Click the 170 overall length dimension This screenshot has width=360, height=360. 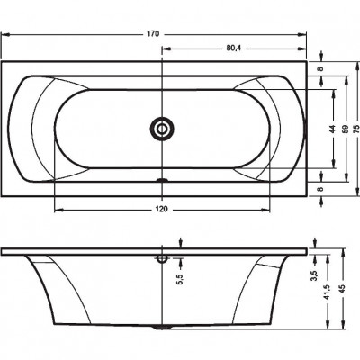click(x=153, y=34)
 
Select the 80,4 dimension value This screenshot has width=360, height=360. click(x=234, y=49)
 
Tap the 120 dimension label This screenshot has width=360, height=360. click(x=162, y=209)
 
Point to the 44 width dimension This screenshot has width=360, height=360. click(x=332, y=129)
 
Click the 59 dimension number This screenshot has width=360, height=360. click(x=346, y=129)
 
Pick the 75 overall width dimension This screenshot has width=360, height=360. click(x=355, y=129)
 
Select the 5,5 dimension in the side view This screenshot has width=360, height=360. click(x=180, y=279)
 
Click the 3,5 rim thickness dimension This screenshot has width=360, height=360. click(x=315, y=276)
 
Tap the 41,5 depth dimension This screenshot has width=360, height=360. click(x=328, y=292)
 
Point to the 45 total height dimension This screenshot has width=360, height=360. click(x=344, y=288)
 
